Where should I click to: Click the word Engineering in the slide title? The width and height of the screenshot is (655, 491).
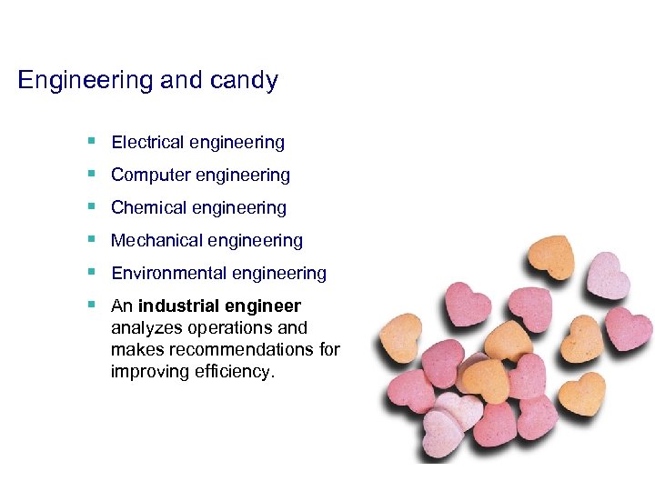tap(85, 81)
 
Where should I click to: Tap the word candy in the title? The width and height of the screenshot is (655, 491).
tap(244, 81)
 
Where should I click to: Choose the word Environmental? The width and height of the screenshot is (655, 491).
tap(168, 273)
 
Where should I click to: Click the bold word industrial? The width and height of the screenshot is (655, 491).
tap(176, 306)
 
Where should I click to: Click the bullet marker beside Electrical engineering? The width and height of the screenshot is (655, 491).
tap(92, 141)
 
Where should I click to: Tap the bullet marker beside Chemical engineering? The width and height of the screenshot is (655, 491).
tap(92, 206)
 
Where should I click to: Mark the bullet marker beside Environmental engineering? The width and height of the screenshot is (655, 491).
tap(92, 272)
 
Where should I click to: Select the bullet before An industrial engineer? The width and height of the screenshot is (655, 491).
tap(92, 305)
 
